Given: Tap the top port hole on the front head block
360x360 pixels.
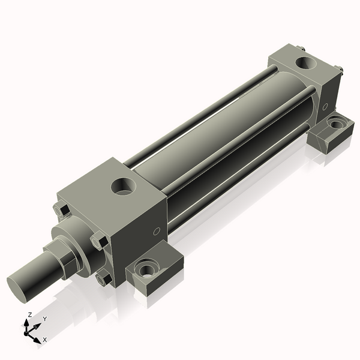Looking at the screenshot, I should (125, 187).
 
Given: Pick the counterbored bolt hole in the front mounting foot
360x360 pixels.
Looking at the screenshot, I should (146, 269).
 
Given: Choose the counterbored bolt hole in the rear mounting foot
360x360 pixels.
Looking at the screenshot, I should (334, 124).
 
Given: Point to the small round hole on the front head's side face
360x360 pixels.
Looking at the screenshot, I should (157, 230).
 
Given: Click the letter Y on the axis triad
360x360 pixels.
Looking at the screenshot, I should (44, 320).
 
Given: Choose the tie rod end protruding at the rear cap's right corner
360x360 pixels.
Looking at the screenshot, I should (340, 71).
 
